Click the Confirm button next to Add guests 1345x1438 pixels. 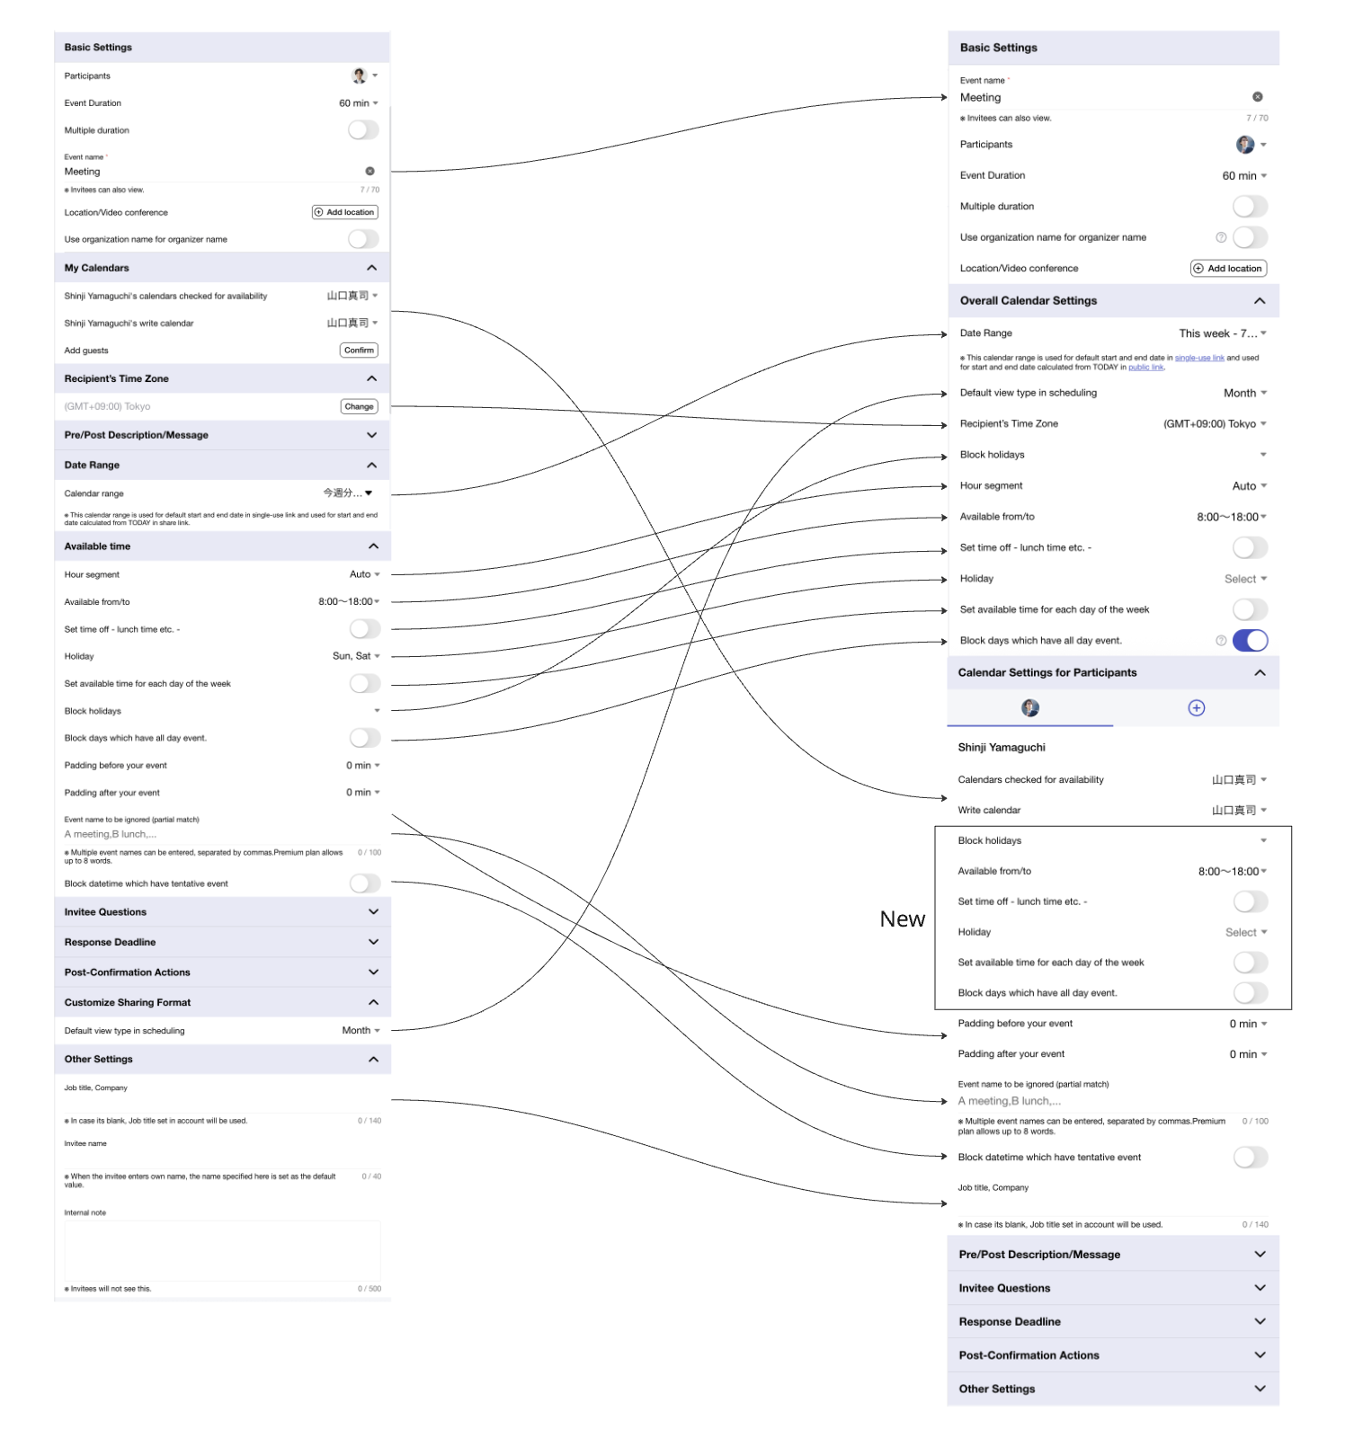point(359,351)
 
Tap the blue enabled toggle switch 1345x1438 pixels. point(1250,641)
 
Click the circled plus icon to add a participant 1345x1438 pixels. point(1196,708)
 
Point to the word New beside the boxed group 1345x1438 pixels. point(902,919)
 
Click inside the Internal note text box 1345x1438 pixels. point(222,1250)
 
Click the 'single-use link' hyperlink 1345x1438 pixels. point(1199,358)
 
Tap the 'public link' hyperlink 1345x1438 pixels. point(1145,368)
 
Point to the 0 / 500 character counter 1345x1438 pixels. point(369,1289)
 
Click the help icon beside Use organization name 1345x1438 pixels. point(1221,237)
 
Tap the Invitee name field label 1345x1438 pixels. point(85,1144)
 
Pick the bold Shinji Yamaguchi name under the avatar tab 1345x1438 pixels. point(1002,748)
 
